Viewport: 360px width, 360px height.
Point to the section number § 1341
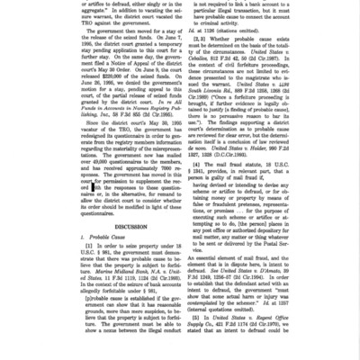point(206,166)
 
